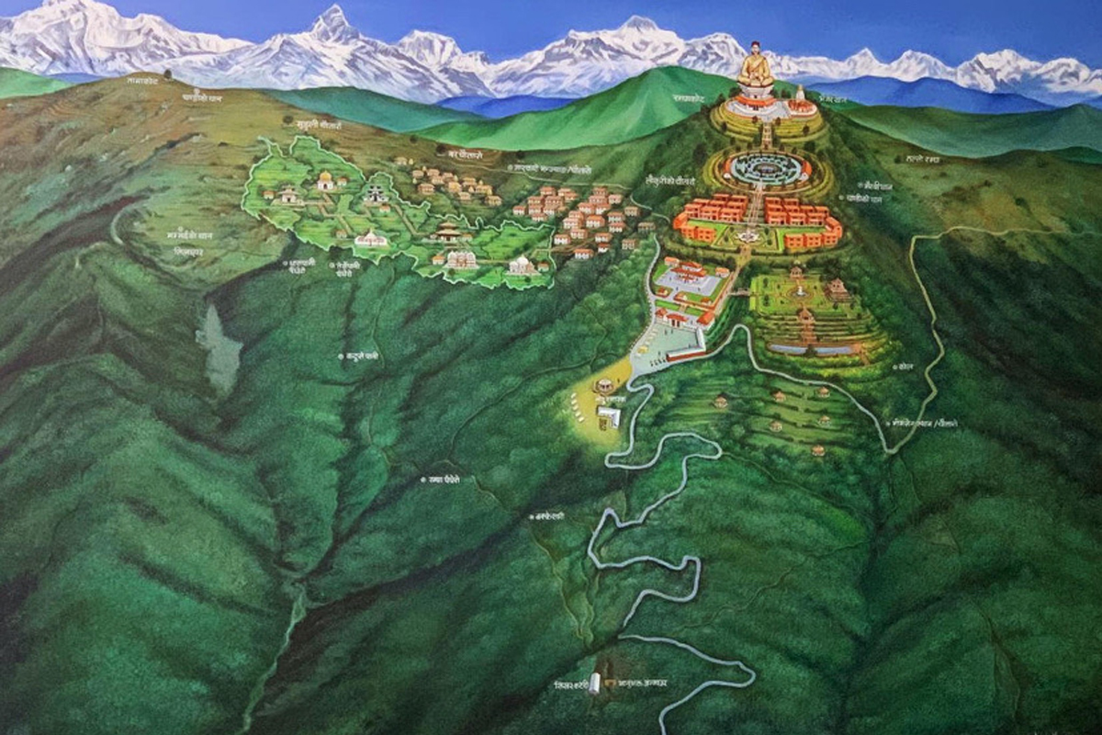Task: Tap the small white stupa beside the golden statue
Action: point(800,95)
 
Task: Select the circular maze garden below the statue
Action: point(767,168)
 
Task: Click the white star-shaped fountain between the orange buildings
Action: point(749,235)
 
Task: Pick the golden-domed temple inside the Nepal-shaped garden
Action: point(325,180)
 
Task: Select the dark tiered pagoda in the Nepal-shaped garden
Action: point(447,232)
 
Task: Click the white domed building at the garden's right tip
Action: point(522,266)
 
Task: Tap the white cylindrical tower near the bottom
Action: point(594,684)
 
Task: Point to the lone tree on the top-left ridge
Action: point(168,73)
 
